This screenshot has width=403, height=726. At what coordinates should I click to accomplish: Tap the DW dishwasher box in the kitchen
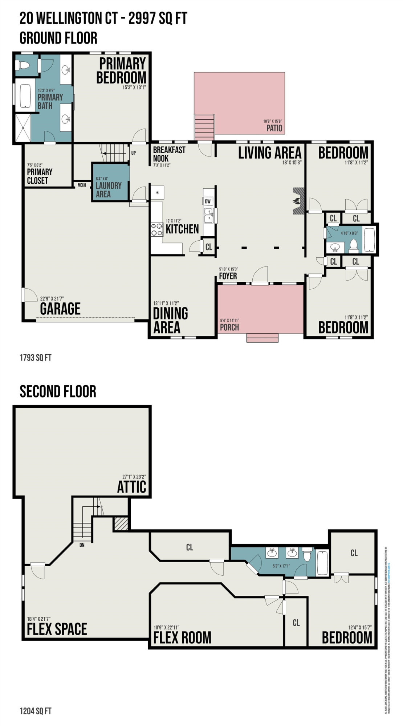pyautogui.click(x=208, y=201)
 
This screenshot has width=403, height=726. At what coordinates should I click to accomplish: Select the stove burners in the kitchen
pyautogui.click(x=157, y=230)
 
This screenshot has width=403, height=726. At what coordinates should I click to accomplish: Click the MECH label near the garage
pyautogui.click(x=82, y=185)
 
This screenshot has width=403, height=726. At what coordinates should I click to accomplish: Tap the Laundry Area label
pyautogui.click(x=108, y=189)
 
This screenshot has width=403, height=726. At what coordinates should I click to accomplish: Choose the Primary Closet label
pyautogui.click(x=40, y=176)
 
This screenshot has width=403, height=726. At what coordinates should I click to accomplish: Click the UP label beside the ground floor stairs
pyautogui.click(x=134, y=153)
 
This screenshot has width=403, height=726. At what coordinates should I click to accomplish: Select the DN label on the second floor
pyautogui.click(x=82, y=545)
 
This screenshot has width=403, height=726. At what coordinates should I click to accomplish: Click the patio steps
pyautogui.click(x=205, y=127)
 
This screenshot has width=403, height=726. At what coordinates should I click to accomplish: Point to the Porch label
pyautogui.click(x=229, y=327)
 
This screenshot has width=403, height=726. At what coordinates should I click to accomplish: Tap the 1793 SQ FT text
pyautogui.click(x=36, y=358)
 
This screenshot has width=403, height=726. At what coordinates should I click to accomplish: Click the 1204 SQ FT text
pyautogui.click(x=36, y=711)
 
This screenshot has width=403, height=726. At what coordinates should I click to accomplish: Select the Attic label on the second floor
pyautogui.click(x=131, y=487)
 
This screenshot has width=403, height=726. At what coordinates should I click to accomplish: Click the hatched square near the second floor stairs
pyautogui.click(x=121, y=524)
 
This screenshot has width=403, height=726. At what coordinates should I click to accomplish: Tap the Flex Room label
pyautogui.click(x=182, y=637)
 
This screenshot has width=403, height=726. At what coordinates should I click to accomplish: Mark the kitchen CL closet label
pyautogui.click(x=209, y=247)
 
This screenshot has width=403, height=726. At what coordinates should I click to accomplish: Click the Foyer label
pyautogui.click(x=228, y=276)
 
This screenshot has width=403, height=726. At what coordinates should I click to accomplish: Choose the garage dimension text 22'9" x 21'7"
pyautogui.click(x=52, y=298)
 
